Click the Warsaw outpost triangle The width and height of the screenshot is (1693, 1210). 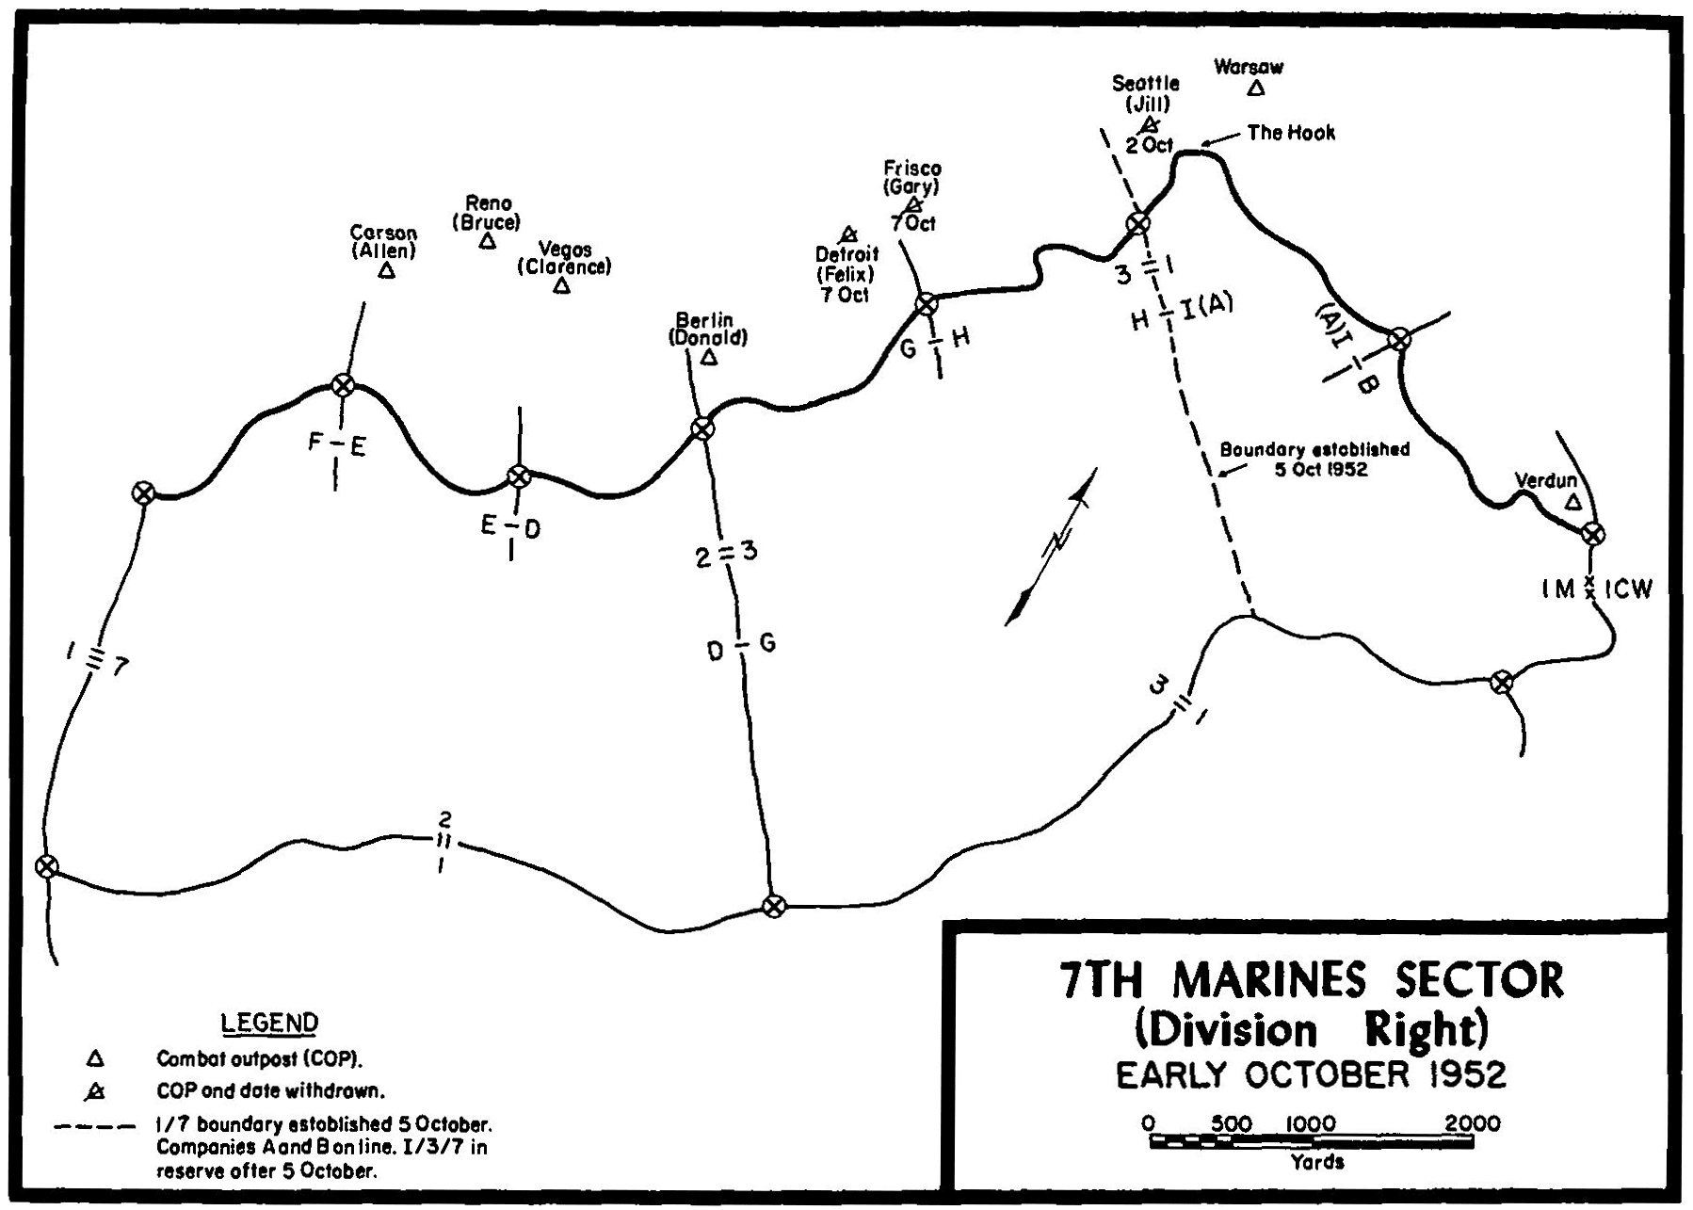pos(1254,89)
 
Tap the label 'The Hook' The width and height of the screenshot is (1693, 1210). pos(1290,133)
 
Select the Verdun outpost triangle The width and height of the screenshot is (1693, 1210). pos(1572,503)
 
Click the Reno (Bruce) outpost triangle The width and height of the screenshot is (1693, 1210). pos(487,242)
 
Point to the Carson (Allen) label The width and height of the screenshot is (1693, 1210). pos(383,241)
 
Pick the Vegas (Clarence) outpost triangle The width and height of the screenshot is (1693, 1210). pos(561,285)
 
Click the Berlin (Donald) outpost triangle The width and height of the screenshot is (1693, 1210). pos(708,358)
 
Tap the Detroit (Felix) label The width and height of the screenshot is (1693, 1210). pos(846,265)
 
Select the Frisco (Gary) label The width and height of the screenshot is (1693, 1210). pos(911,177)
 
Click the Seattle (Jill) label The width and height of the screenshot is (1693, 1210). pos(1145,93)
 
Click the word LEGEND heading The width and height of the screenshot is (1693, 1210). pos(269,1023)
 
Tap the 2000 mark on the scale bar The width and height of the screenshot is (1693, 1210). pos(1473,1123)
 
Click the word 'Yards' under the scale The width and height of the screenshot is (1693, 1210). pos(1317,1162)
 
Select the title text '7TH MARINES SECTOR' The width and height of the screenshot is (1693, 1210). pos(1311,979)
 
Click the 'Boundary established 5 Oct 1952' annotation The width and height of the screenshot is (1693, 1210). pos(1314,459)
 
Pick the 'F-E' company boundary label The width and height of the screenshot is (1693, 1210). pos(336,445)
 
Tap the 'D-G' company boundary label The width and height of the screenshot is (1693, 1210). pos(741,647)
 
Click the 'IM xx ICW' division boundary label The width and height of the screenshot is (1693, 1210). pos(1595,589)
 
